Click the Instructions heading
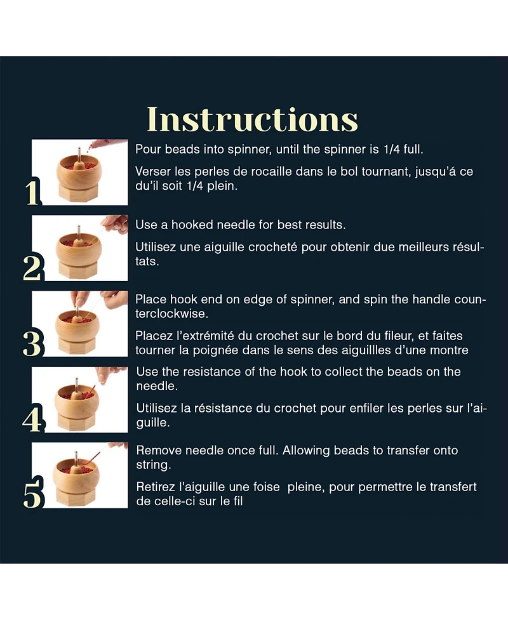pos(253,119)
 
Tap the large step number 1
pos(33,192)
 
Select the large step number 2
pos(32,268)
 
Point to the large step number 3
pos(32,343)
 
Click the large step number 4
pos(32,419)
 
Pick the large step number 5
pos(32,494)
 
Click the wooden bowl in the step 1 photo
pos(79,170)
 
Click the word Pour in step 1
pos(149,150)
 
